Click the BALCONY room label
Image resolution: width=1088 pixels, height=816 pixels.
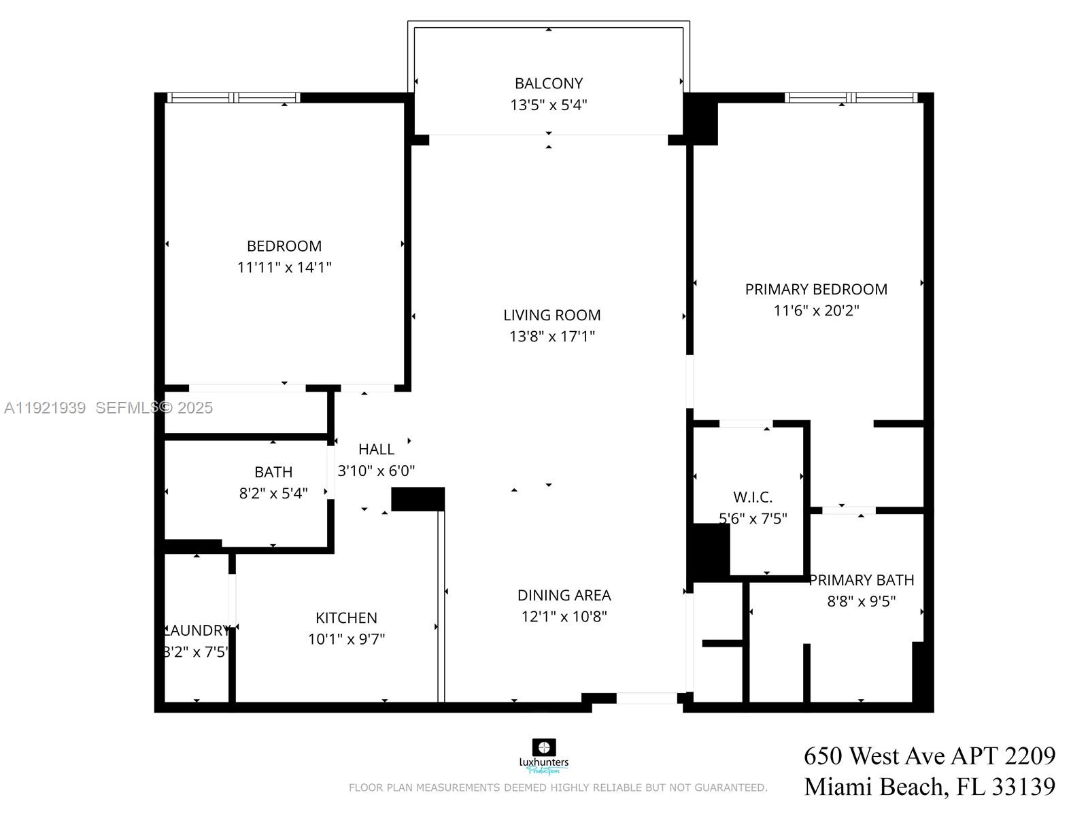tap(548, 84)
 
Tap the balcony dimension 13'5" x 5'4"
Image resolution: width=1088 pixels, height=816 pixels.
tap(548, 105)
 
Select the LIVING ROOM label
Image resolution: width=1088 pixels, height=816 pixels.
tap(551, 316)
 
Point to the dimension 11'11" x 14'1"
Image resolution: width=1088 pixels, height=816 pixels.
tap(284, 267)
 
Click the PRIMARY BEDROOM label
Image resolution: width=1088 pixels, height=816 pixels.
tap(816, 290)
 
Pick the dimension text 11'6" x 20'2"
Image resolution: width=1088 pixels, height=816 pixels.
tap(816, 311)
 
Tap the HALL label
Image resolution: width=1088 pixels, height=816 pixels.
tap(376, 449)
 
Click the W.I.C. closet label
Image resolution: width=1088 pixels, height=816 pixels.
tap(752, 497)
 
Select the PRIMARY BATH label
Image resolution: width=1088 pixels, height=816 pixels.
tap(861, 580)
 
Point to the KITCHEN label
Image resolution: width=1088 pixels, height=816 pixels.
tap(346, 618)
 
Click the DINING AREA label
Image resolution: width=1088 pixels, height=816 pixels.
tap(564, 596)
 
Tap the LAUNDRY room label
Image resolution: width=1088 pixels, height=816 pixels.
tap(197, 630)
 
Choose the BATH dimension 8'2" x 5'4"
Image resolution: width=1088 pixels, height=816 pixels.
tap(273, 494)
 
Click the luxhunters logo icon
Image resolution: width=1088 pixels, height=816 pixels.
tap(543, 747)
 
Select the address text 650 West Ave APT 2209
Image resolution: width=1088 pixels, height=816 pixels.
tap(930, 756)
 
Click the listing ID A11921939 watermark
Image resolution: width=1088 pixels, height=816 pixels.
tap(45, 408)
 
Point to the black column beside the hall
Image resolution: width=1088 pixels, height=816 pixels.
tap(418, 499)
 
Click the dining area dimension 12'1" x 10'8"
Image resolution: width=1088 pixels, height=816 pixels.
tap(564, 617)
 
